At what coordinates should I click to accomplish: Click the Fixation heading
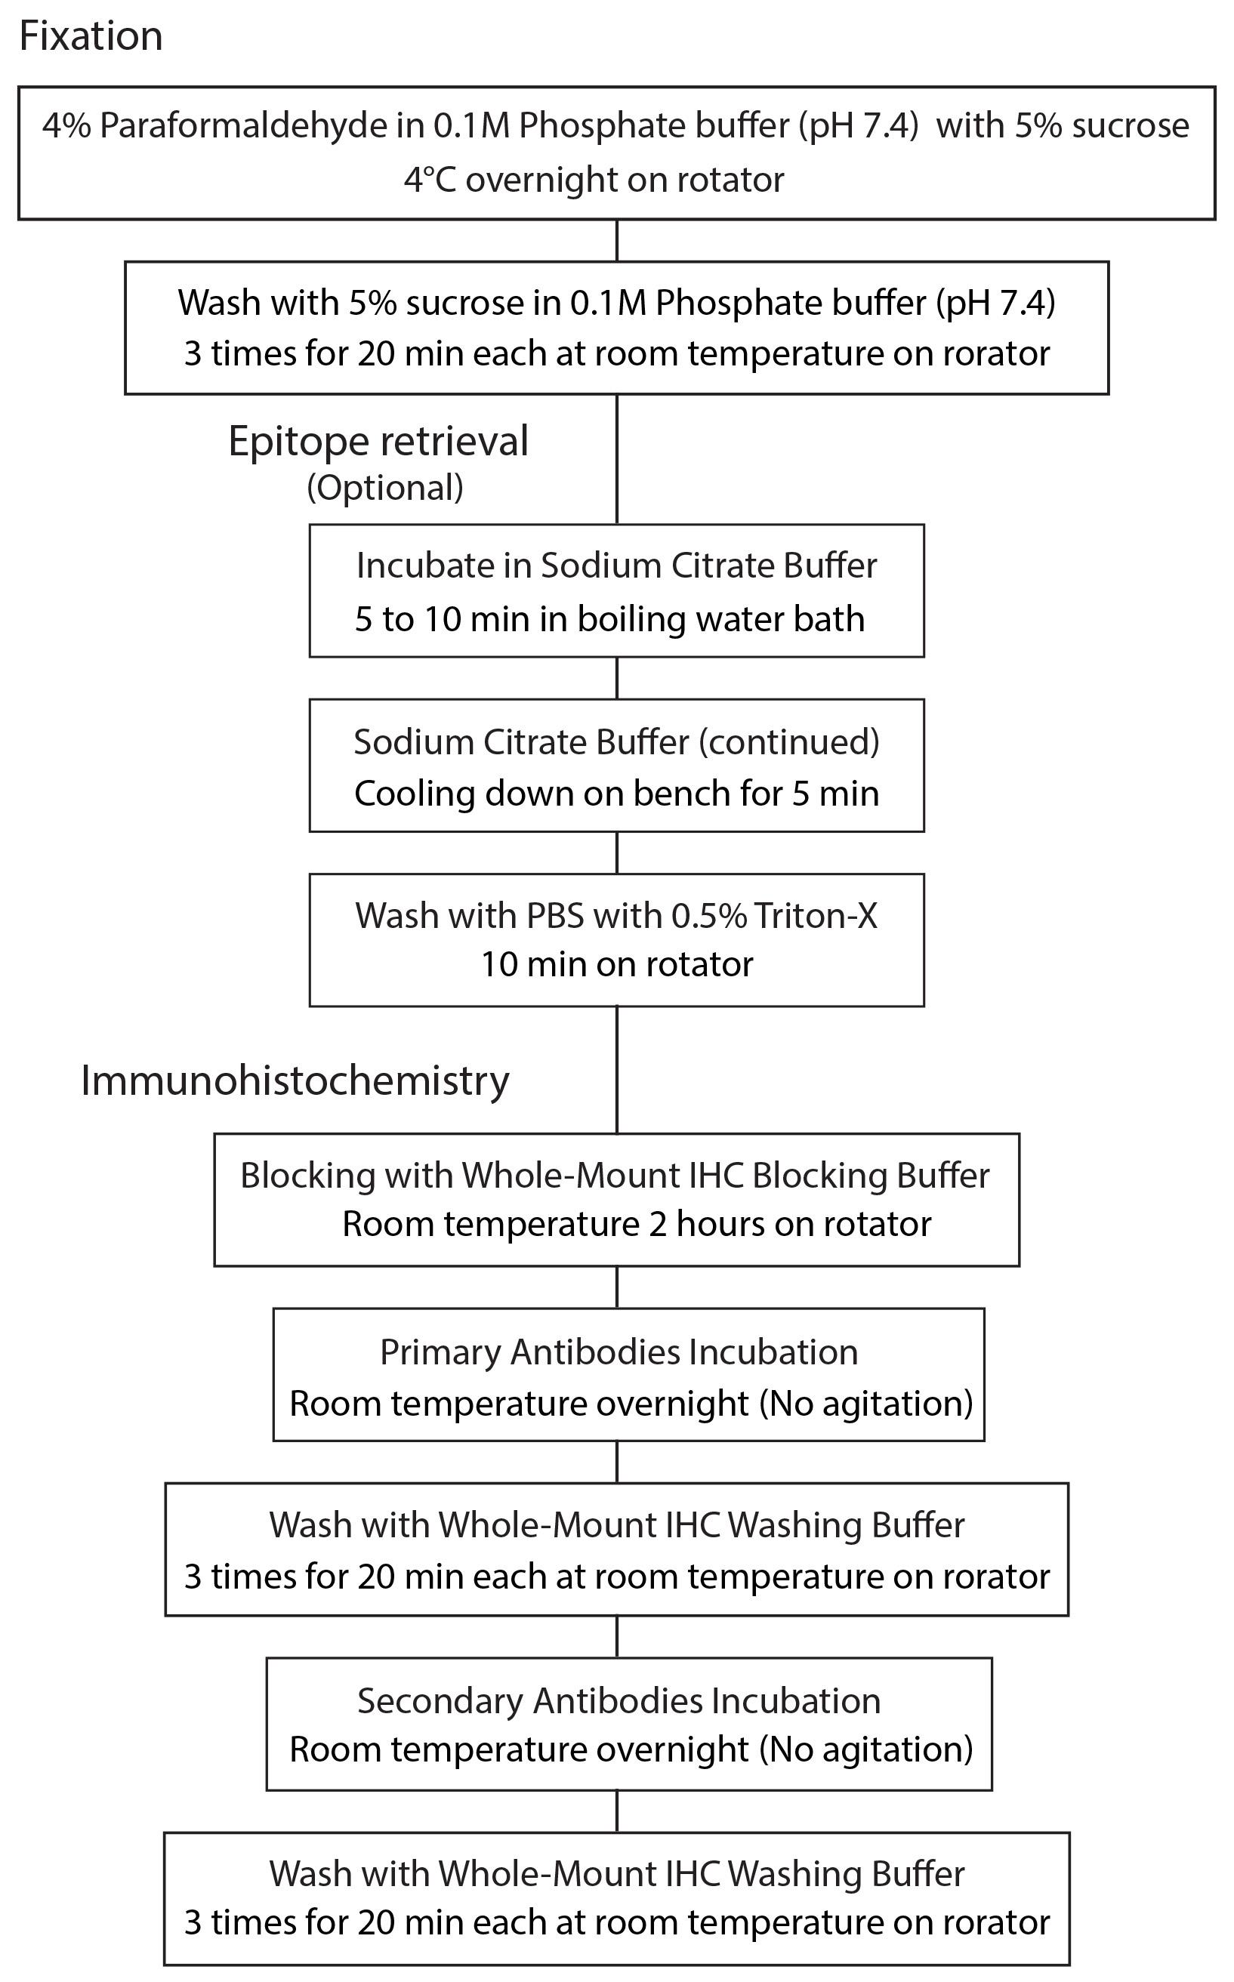[x=91, y=37]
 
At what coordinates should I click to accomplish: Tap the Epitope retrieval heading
[x=378, y=442]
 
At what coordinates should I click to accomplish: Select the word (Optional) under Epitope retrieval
[x=385, y=488]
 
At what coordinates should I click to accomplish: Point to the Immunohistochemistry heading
[x=295, y=1081]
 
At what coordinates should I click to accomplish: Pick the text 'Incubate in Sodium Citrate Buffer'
[x=617, y=566]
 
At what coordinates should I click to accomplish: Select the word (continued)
[x=789, y=741]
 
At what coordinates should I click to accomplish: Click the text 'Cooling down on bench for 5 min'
[x=617, y=794]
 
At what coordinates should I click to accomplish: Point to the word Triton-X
[x=816, y=916]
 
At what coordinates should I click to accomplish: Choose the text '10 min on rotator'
[x=617, y=964]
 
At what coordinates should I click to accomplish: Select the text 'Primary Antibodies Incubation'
[x=619, y=1352]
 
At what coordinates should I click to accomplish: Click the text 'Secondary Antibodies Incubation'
[x=619, y=1701]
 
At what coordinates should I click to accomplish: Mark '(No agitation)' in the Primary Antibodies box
[x=867, y=1404]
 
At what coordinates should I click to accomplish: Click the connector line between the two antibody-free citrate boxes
[x=617, y=678]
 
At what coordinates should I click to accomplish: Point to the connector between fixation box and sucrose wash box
[x=617, y=241]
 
